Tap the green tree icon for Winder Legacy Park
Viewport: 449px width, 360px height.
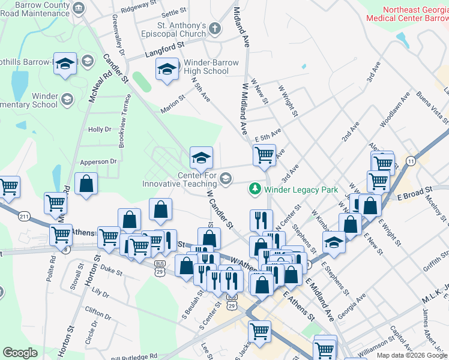coord(255,189)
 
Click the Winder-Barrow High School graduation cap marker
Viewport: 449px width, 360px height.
coord(167,69)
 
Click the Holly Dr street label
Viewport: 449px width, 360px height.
coord(100,129)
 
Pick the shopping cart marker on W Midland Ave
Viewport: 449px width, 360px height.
coord(264,155)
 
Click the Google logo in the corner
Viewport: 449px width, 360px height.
coord(20,353)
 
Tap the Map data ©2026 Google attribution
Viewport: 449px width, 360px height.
coord(411,355)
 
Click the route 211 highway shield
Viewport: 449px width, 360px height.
coord(24,216)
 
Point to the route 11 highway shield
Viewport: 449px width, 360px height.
coord(411,161)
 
